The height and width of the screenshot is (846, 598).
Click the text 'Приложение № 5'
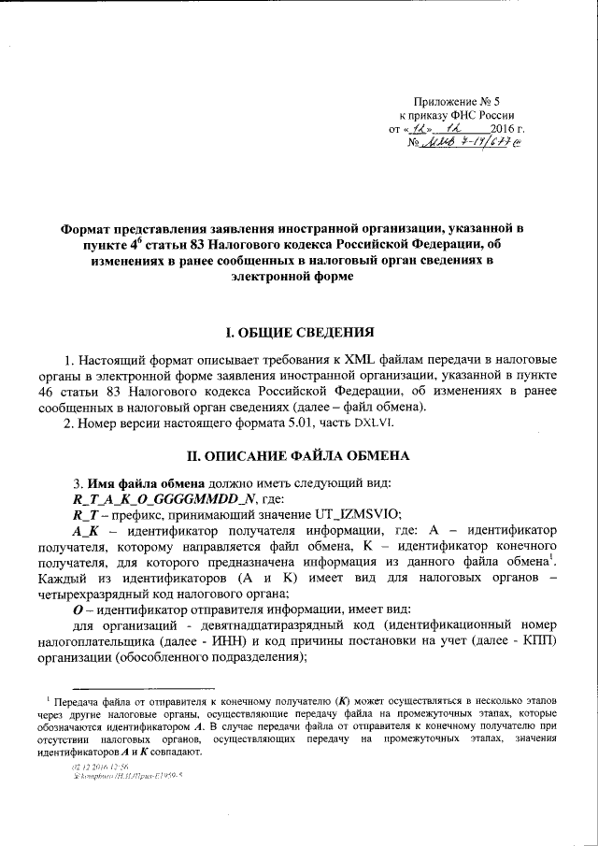[x=461, y=100]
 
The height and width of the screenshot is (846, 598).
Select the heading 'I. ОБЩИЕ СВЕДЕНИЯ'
[x=298, y=333]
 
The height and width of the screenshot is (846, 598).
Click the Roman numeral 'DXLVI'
[x=379, y=424]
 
